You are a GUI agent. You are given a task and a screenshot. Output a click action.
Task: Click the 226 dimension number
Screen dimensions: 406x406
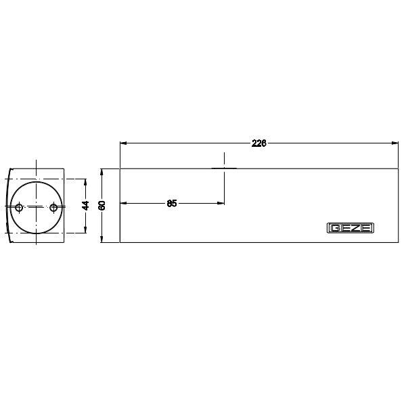pos(258,143)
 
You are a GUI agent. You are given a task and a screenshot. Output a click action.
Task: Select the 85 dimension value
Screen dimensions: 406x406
pos(172,203)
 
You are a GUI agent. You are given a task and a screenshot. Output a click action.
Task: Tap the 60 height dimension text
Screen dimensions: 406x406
pos(102,205)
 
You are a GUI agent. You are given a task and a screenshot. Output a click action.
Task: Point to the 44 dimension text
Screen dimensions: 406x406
pos(85,205)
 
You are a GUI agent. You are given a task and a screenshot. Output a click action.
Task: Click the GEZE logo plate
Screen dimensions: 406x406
pos(350,228)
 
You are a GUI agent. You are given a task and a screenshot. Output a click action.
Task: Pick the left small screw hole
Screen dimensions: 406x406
pos(19,207)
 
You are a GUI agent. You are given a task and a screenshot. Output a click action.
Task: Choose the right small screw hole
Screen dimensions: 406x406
pos(53,207)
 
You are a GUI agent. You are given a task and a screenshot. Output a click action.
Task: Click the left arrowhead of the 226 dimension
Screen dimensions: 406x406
pos(123,143)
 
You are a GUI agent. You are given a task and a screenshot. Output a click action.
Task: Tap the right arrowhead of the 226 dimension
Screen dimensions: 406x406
pos(395,143)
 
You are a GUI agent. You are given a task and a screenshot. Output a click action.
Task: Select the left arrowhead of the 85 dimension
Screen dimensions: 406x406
pos(123,203)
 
